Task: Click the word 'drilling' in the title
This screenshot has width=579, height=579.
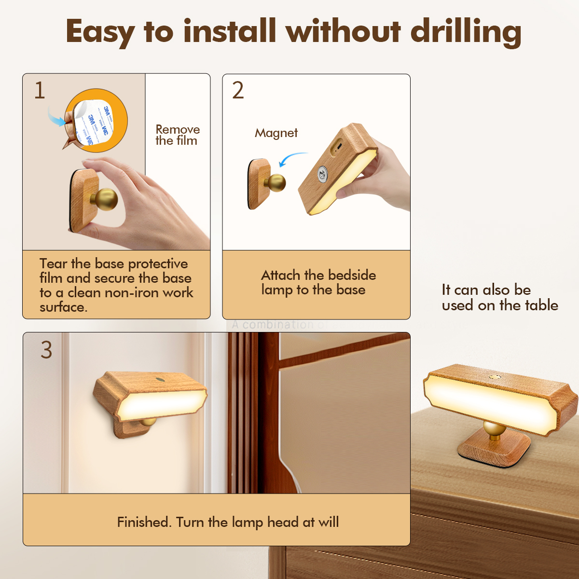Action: click(x=466, y=32)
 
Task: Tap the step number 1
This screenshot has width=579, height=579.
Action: click(x=40, y=91)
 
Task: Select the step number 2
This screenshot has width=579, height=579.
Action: click(x=238, y=91)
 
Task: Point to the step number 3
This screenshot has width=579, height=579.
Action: click(x=46, y=350)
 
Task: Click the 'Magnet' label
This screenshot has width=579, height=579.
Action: click(x=276, y=133)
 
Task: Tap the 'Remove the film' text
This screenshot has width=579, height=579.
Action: click(x=177, y=135)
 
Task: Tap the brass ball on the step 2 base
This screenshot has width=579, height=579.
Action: click(x=276, y=183)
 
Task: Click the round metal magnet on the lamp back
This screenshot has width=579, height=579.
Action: click(x=322, y=173)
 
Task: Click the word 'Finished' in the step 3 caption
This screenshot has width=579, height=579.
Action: click(x=144, y=522)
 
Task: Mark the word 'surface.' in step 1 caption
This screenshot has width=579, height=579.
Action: click(x=63, y=307)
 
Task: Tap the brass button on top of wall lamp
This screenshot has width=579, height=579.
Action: click(x=159, y=380)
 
